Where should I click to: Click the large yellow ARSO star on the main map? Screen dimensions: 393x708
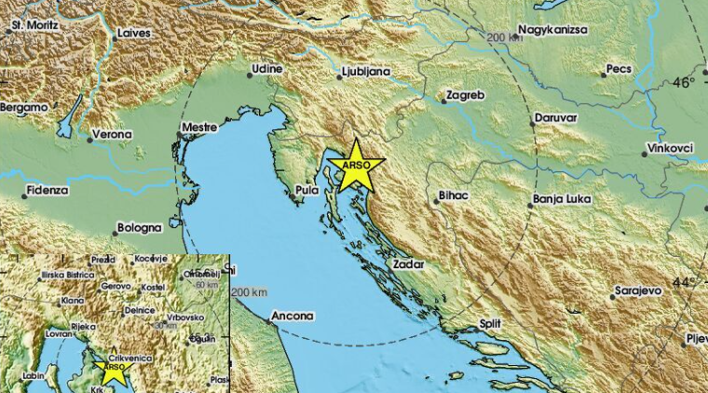[x=356, y=167]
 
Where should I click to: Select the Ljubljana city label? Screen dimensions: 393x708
[x=362, y=69]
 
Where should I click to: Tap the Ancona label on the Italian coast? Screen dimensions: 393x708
[x=293, y=317]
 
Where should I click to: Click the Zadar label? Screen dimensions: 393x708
[x=409, y=264]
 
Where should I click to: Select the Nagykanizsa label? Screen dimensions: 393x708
[x=553, y=29]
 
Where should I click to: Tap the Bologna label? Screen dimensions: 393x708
[x=140, y=227]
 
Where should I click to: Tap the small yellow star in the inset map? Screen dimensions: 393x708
[x=115, y=371]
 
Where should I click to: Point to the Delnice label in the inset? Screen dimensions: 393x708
[x=140, y=309]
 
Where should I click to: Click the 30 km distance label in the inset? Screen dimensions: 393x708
[x=165, y=326]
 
